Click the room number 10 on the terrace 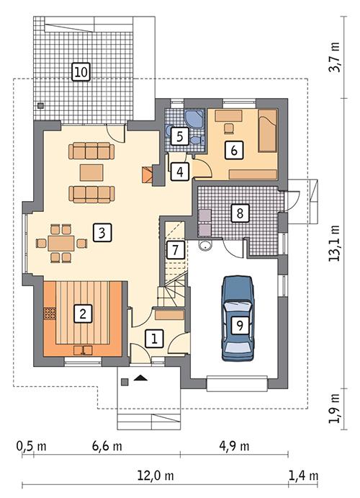coord(81,71)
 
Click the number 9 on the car coord(239,324)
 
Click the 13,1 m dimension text coord(334,246)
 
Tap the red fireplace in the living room coord(147,174)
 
